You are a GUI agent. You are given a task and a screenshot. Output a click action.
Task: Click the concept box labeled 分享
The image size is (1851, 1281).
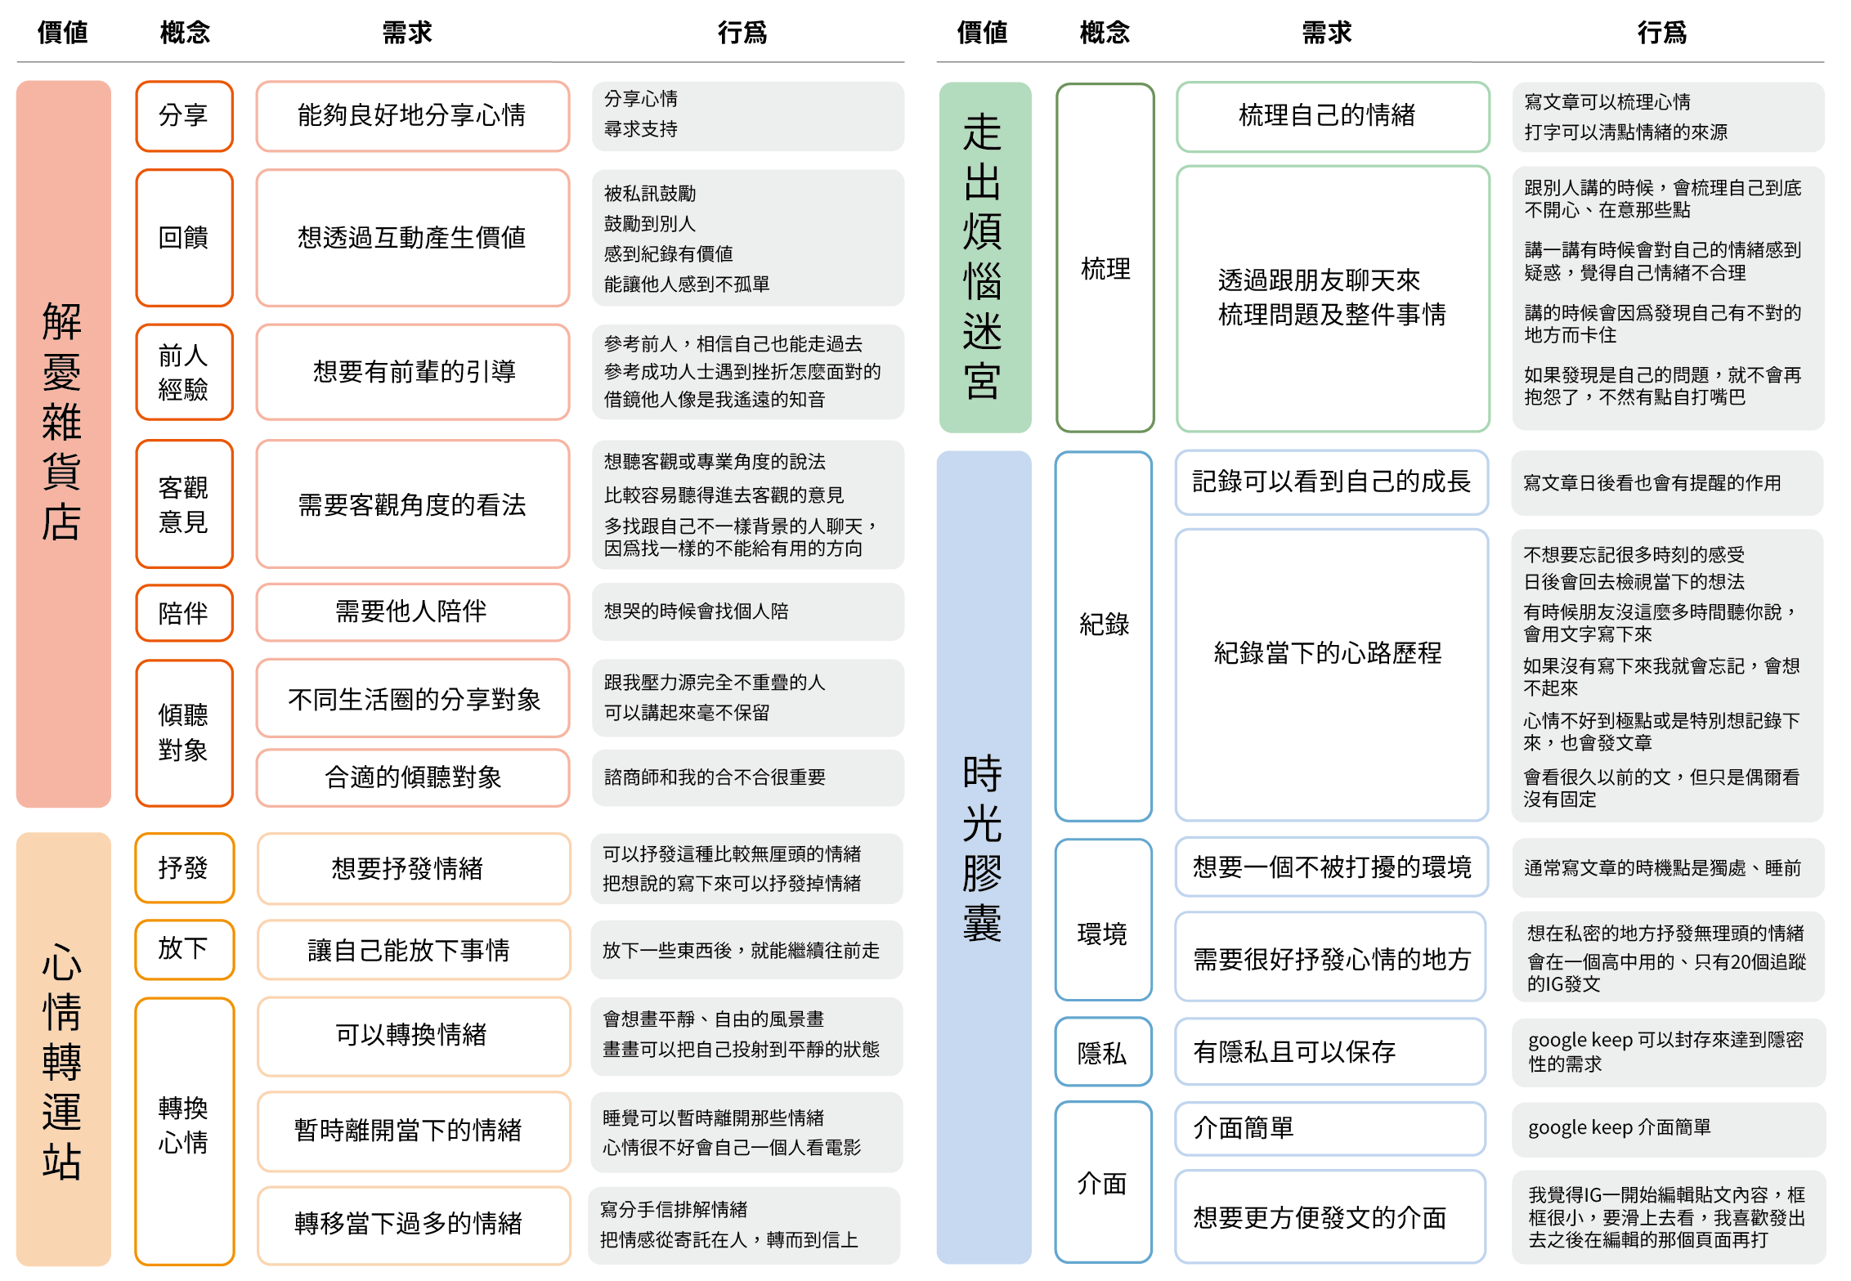click(184, 116)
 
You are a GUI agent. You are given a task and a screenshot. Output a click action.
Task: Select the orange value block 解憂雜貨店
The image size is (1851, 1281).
click(63, 444)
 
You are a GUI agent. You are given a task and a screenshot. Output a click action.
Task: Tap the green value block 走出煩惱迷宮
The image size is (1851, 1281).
click(984, 258)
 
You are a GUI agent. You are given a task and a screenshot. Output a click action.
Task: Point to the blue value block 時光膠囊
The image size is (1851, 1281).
click(984, 857)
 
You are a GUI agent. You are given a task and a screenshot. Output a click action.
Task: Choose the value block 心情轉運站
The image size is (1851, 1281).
click(63, 1049)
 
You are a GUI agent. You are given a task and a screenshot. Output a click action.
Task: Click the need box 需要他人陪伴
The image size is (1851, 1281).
click(412, 611)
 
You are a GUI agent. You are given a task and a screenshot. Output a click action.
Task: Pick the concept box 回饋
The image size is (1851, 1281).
click(184, 238)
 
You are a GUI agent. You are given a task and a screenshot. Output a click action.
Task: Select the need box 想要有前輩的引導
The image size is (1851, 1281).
click(412, 372)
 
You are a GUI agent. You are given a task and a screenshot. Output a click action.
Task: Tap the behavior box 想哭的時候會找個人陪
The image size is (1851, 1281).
click(747, 611)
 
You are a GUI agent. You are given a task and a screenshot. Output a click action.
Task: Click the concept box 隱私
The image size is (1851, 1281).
click(1103, 1052)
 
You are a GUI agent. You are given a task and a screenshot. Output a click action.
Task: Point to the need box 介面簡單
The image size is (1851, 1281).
click(1330, 1128)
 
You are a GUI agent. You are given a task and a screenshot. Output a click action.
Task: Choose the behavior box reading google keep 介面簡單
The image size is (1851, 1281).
click(1668, 1128)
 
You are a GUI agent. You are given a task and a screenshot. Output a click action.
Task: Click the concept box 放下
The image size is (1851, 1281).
click(184, 949)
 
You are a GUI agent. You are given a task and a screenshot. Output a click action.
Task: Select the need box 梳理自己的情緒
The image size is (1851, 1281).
click(1333, 116)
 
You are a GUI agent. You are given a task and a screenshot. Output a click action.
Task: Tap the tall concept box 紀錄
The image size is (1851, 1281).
click(1103, 636)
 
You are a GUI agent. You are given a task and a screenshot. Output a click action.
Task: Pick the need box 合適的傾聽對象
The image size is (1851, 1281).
click(412, 777)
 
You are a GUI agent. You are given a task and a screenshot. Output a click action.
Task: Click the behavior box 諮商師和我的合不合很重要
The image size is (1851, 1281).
click(747, 777)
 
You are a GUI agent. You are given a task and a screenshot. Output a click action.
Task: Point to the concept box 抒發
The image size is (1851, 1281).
click(184, 868)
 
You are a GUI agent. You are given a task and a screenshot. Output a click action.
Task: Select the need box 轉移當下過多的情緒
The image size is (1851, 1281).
click(413, 1225)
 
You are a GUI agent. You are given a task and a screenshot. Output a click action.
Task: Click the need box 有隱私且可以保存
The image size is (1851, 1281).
click(1330, 1052)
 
